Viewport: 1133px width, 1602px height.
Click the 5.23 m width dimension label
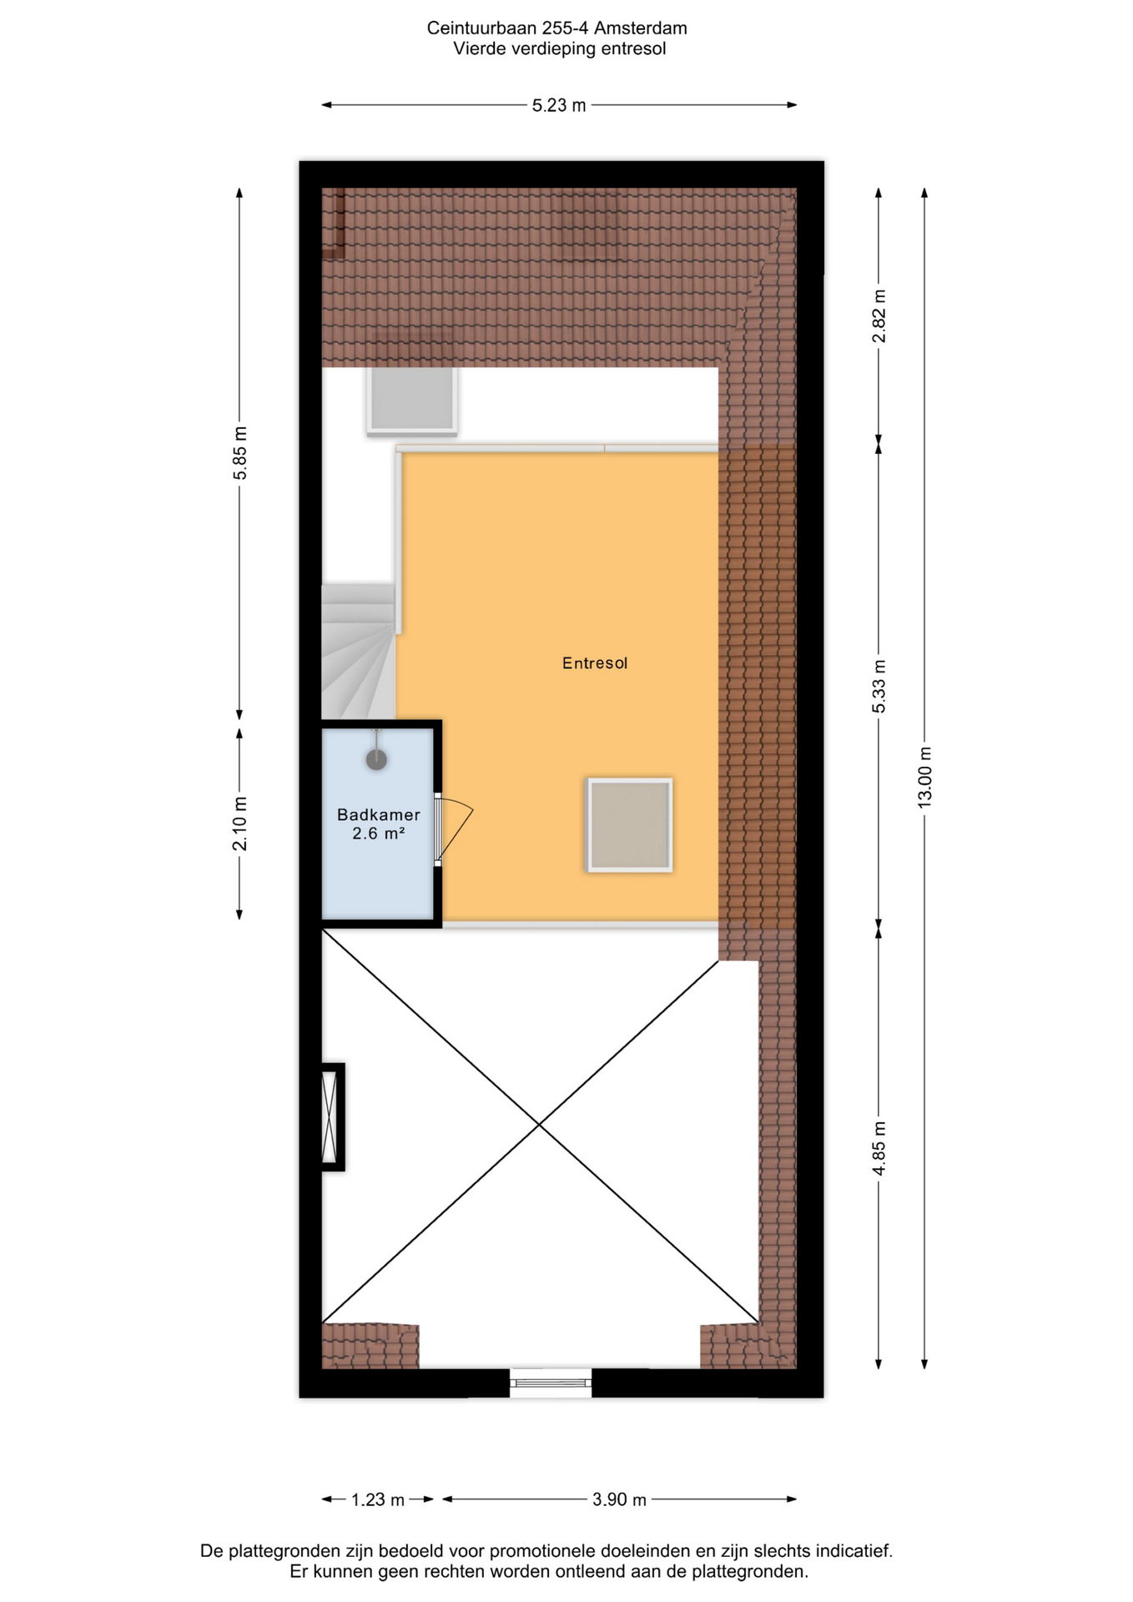pyautogui.click(x=559, y=105)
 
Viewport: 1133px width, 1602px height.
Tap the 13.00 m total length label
pyautogui.click(x=924, y=777)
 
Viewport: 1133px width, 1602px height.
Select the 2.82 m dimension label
pyautogui.click(x=879, y=316)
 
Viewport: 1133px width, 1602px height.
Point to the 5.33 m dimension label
pyautogui.click(x=879, y=686)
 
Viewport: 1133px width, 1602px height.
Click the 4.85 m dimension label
pyautogui.click(x=879, y=1148)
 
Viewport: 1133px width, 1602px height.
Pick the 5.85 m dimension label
pyautogui.click(x=239, y=453)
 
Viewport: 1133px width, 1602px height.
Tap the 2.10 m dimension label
pyautogui.click(x=239, y=824)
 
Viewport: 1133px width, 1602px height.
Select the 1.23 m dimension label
pyautogui.click(x=377, y=1499)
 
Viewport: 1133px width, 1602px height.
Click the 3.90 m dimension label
pyautogui.click(x=619, y=1499)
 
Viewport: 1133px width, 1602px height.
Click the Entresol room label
pyautogui.click(x=595, y=663)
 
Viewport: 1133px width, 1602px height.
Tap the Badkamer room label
pyautogui.click(x=379, y=814)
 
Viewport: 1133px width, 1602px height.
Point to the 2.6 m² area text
pyautogui.click(x=379, y=833)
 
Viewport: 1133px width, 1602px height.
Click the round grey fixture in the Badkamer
pyautogui.click(x=376, y=759)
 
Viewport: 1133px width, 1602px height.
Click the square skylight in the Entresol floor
pyautogui.click(x=630, y=825)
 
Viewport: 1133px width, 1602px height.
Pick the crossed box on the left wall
pyautogui.click(x=331, y=1116)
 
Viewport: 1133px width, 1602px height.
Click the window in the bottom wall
pyautogui.click(x=551, y=1383)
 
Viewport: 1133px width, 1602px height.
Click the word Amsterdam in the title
pyautogui.click(x=640, y=28)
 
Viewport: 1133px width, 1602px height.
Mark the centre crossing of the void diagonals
pyautogui.click(x=540, y=1126)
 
